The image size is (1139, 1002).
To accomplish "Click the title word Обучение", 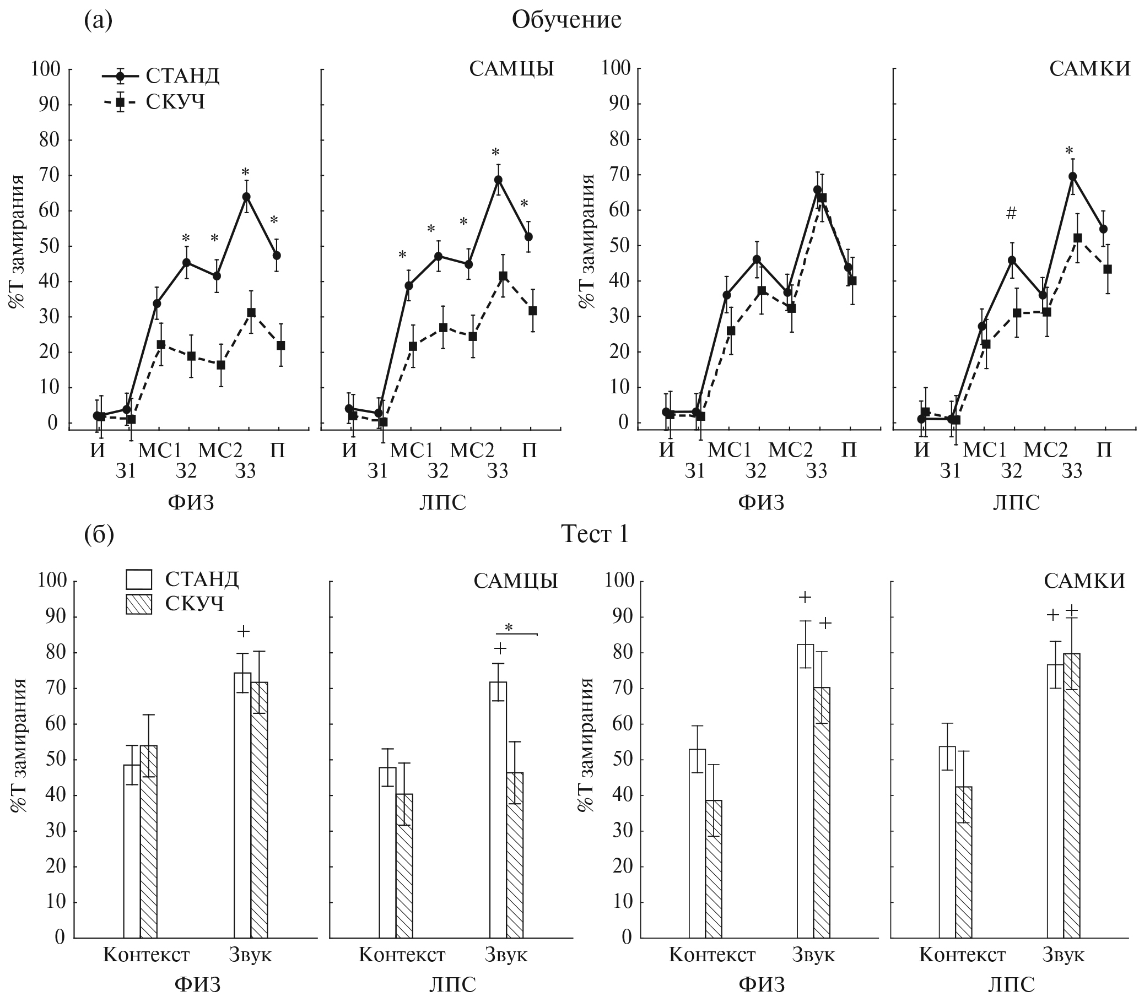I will coord(566,20).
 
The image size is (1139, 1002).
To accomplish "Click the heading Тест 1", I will coord(595,534).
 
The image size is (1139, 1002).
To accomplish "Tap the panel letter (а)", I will coord(98,20).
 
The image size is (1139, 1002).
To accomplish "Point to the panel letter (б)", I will coord(99,534).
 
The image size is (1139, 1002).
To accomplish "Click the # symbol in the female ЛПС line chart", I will coord(1011,212).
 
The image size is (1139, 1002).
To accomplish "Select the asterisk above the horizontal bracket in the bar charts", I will coord(508,629).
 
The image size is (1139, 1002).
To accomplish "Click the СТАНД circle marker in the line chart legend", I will coord(120,75).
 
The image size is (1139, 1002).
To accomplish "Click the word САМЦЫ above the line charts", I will coord(511,69).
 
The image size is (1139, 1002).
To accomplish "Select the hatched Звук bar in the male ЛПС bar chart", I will coord(515,855).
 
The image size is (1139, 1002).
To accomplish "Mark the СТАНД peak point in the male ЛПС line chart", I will coord(498,180).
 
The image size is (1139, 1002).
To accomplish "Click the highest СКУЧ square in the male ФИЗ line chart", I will coord(251,312).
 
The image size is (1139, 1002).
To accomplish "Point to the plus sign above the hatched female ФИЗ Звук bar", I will coord(825,622).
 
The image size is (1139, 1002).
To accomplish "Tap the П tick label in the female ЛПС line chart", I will coord(1103,450).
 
